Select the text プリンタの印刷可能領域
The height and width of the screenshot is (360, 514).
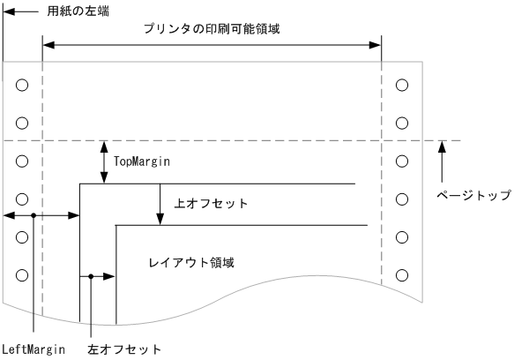(x=211, y=28)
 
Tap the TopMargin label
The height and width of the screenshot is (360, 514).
(x=141, y=161)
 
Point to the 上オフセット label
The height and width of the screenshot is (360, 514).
(x=212, y=204)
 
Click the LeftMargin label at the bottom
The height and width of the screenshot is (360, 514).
(x=33, y=349)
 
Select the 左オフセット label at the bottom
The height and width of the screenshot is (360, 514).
(x=124, y=349)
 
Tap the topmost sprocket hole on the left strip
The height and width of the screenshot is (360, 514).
(x=22, y=85)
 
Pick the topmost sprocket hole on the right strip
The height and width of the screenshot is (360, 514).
(x=403, y=85)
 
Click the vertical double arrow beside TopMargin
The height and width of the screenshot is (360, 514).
(x=104, y=162)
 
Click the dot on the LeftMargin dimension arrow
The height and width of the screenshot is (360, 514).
(x=33, y=214)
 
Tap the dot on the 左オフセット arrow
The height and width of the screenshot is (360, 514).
(x=92, y=276)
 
